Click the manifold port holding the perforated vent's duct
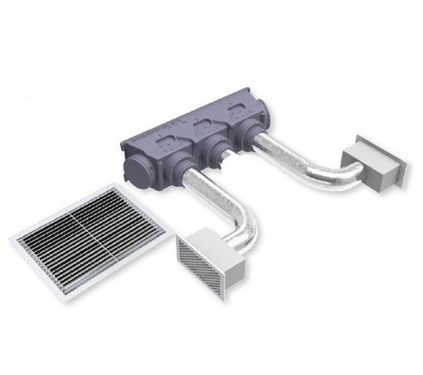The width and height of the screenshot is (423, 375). pos(192,168)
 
